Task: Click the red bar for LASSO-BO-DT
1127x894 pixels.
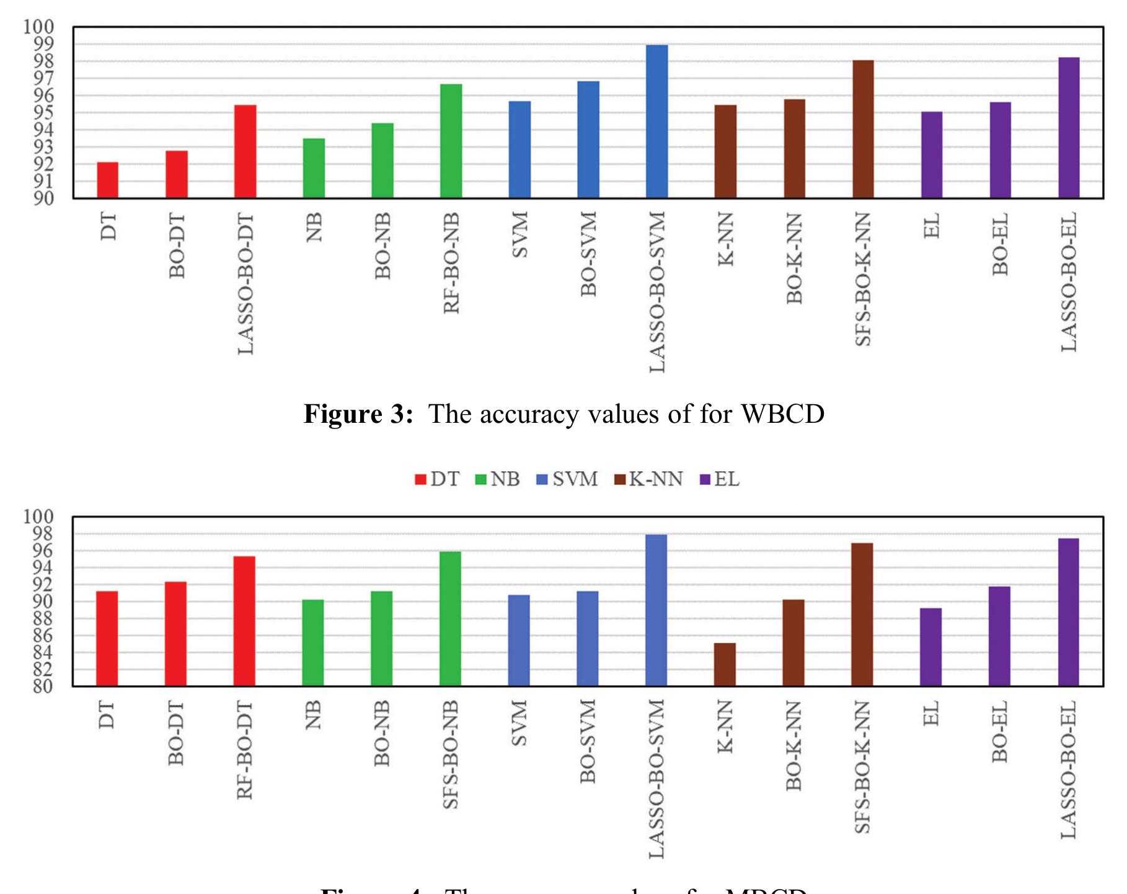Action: [245, 152]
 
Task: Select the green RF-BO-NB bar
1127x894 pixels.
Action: [451, 141]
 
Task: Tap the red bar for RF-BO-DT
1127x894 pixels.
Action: [245, 621]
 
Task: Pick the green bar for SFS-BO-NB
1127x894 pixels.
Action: [451, 619]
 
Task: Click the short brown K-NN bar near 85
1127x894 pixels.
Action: [725, 665]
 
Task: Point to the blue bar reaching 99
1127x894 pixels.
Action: [657, 122]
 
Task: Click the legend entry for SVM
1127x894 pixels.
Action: [567, 479]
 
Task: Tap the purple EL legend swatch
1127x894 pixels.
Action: [705, 480]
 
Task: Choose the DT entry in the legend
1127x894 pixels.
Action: [438, 479]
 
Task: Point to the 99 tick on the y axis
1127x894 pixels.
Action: [39, 44]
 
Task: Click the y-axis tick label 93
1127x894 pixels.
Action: [39, 148]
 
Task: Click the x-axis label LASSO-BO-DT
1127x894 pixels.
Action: [246, 283]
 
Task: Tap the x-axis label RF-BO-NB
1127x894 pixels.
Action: [452, 263]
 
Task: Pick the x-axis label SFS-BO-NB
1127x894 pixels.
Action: [451, 755]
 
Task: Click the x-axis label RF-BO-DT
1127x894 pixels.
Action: [245, 750]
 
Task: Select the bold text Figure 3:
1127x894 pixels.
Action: [358, 414]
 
